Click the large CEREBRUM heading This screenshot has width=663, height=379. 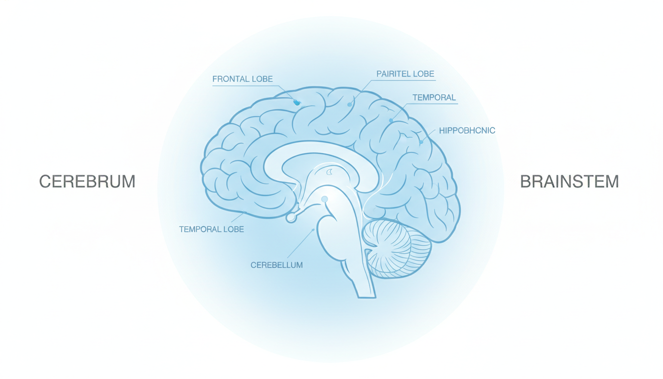pyautogui.click(x=87, y=182)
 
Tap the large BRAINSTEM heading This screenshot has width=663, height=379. pyautogui.click(x=569, y=182)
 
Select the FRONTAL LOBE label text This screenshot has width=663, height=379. pyautogui.click(x=242, y=79)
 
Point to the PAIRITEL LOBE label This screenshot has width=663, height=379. pyautogui.click(x=405, y=74)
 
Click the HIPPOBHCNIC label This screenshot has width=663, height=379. pyautogui.click(x=467, y=130)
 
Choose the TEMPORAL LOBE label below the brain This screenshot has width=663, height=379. pyautogui.click(x=212, y=229)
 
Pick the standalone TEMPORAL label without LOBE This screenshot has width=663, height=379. pyautogui.click(x=434, y=97)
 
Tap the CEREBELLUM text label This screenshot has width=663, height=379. pyautogui.click(x=277, y=265)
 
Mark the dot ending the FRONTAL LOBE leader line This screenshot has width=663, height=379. pyautogui.click(x=296, y=103)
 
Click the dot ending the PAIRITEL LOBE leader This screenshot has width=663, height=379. pyautogui.click(x=350, y=105)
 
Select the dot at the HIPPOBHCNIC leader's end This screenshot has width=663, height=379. pyautogui.click(x=421, y=142)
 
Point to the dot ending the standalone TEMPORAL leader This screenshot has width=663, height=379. pyautogui.click(x=391, y=120)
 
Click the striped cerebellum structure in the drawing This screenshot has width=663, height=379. pyautogui.click(x=397, y=248)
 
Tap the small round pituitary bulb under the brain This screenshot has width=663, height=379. pyautogui.click(x=291, y=218)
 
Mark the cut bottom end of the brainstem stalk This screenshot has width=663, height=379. pyautogui.click(x=367, y=297)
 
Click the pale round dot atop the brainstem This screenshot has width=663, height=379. pyautogui.click(x=325, y=199)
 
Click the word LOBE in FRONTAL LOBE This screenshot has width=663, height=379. pyautogui.click(x=262, y=79)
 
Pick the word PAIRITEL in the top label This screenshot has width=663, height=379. pyautogui.click(x=393, y=74)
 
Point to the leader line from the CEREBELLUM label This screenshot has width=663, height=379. pyautogui.click(x=300, y=244)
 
